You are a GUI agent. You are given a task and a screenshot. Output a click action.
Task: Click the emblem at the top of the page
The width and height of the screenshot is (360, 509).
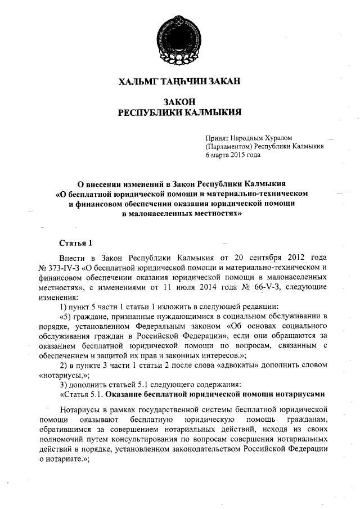pyautogui.click(x=179, y=31)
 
